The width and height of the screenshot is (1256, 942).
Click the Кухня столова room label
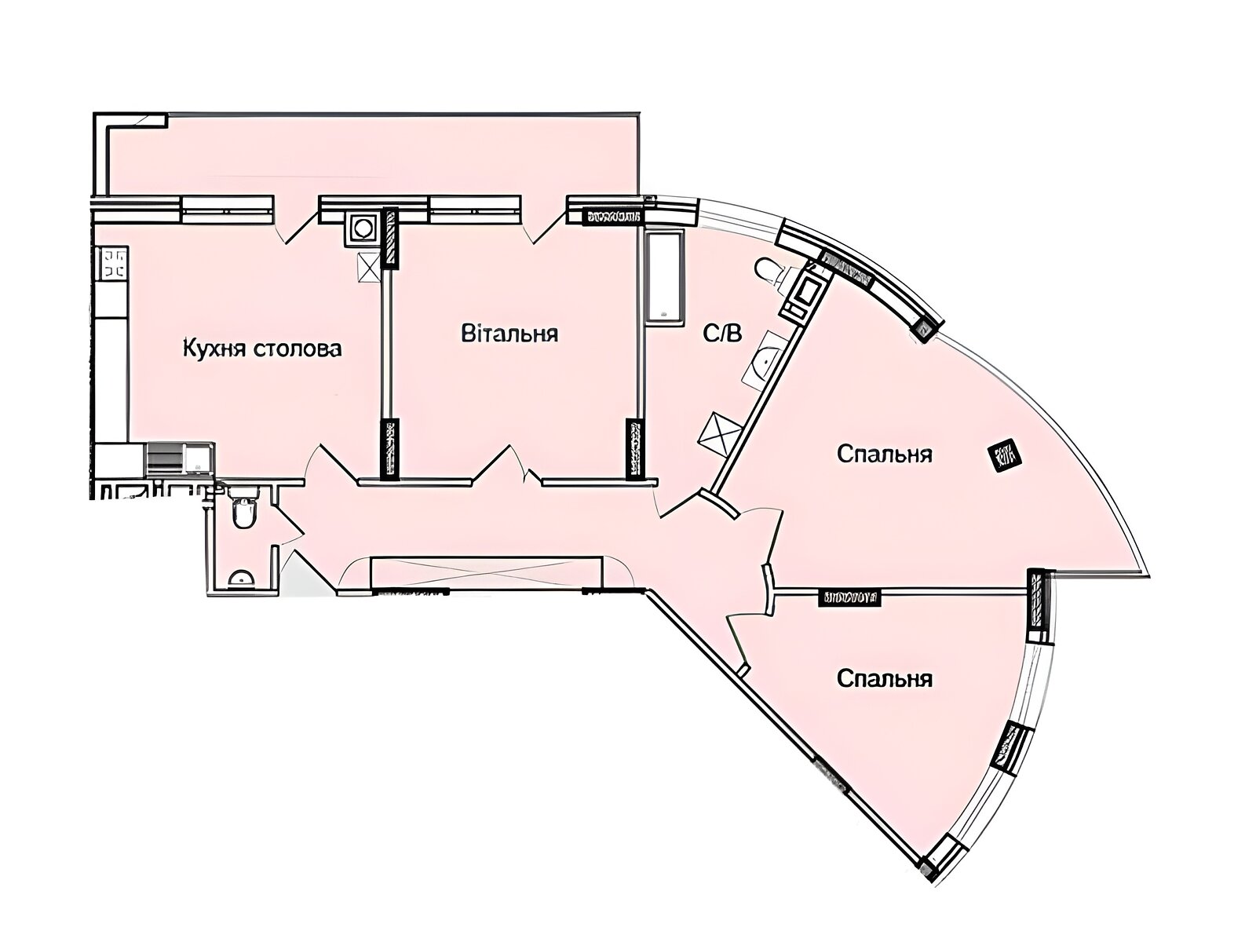[x=262, y=348]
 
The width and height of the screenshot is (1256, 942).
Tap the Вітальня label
[x=509, y=334]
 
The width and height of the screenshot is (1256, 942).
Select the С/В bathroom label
[x=721, y=335]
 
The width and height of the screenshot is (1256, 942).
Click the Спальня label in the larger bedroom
[x=885, y=454]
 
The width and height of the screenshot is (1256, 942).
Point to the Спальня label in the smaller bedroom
[x=885, y=678]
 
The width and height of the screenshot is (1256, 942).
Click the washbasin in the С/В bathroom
[x=761, y=363]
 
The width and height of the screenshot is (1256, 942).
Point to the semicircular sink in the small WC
[x=239, y=579]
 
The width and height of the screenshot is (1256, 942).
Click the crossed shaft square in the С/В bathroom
[x=719, y=432]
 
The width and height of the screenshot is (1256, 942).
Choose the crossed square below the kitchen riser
[x=367, y=266]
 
